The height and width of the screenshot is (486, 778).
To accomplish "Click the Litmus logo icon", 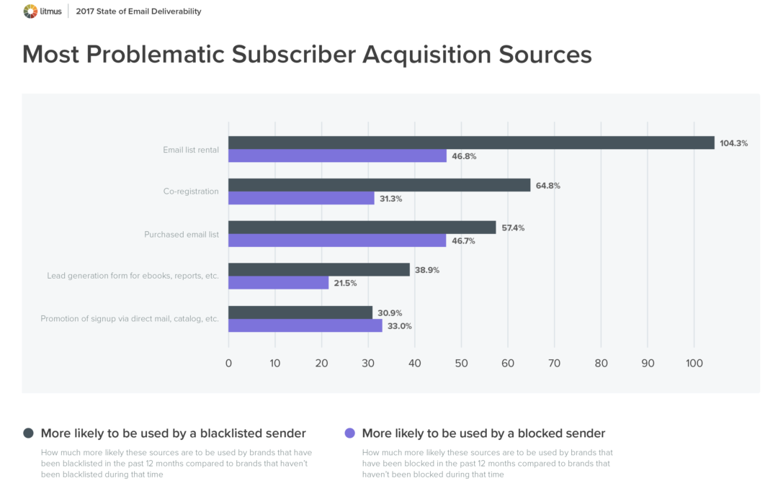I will pyautogui.click(x=31, y=11).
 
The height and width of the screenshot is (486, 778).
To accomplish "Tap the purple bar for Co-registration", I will pyautogui.click(x=301, y=198).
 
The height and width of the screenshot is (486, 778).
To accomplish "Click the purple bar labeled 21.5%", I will pyautogui.click(x=278, y=283).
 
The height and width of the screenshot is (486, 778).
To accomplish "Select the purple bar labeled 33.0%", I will pyautogui.click(x=305, y=325).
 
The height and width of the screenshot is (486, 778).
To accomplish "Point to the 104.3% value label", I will pyautogui.click(x=733, y=143).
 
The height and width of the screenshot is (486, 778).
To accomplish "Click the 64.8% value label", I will pyautogui.click(x=547, y=186).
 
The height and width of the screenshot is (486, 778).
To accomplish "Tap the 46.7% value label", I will pyautogui.click(x=462, y=241).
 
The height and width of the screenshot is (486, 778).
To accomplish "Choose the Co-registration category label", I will pyautogui.click(x=191, y=192).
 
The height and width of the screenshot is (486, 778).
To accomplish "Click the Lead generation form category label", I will pyautogui.click(x=133, y=276).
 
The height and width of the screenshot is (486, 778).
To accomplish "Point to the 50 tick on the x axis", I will pyautogui.click(x=461, y=364).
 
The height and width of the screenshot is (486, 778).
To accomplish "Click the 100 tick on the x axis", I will pyautogui.click(x=694, y=364).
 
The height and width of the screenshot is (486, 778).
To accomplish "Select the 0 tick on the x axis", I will pyautogui.click(x=228, y=364).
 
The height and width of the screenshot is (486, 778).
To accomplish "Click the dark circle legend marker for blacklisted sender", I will pyautogui.click(x=28, y=433).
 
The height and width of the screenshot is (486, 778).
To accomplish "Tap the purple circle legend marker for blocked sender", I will pyautogui.click(x=350, y=433).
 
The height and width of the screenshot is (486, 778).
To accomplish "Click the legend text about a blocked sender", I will pyautogui.click(x=483, y=433).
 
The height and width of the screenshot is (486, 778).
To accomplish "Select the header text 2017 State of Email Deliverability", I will pyautogui.click(x=138, y=12).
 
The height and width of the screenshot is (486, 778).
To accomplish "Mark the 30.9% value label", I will pyautogui.click(x=390, y=312).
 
